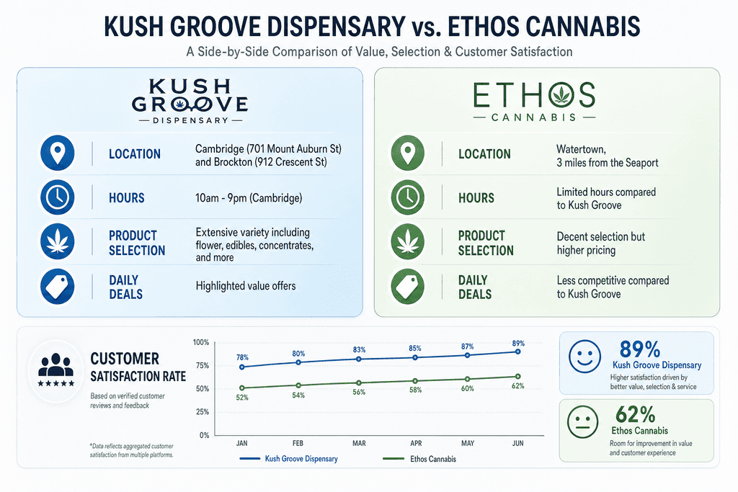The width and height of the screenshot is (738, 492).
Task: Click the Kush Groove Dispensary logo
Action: click(190, 101)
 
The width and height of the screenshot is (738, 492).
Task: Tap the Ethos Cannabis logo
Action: click(534, 101)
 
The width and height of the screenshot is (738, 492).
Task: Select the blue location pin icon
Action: click(58, 153)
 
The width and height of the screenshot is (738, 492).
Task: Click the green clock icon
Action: click(408, 197)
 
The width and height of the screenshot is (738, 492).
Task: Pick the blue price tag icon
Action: click(58, 286)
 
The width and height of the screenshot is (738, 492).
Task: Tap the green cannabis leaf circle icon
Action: click(408, 241)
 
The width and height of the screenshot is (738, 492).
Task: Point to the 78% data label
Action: click(242, 357)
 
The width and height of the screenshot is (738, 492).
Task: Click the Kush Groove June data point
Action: click(517, 352)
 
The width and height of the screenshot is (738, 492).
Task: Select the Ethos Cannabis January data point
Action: click(242, 388)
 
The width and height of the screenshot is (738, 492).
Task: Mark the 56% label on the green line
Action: click(359, 393)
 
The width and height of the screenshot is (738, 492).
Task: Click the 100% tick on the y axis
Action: click(201, 342)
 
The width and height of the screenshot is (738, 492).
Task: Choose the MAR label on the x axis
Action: click(359, 443)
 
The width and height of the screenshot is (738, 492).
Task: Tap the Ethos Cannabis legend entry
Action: click(419, 459)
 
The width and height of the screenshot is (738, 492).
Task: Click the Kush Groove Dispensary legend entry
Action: click(288, 459)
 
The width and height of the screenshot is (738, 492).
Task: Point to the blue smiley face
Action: click(584, 357)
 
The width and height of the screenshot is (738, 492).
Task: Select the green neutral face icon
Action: click(582, 422)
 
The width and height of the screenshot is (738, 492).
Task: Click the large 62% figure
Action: click(635, 414)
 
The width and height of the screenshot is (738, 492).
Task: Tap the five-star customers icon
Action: click(56, 370)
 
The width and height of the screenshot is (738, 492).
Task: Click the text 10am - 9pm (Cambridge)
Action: click(249, 198)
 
